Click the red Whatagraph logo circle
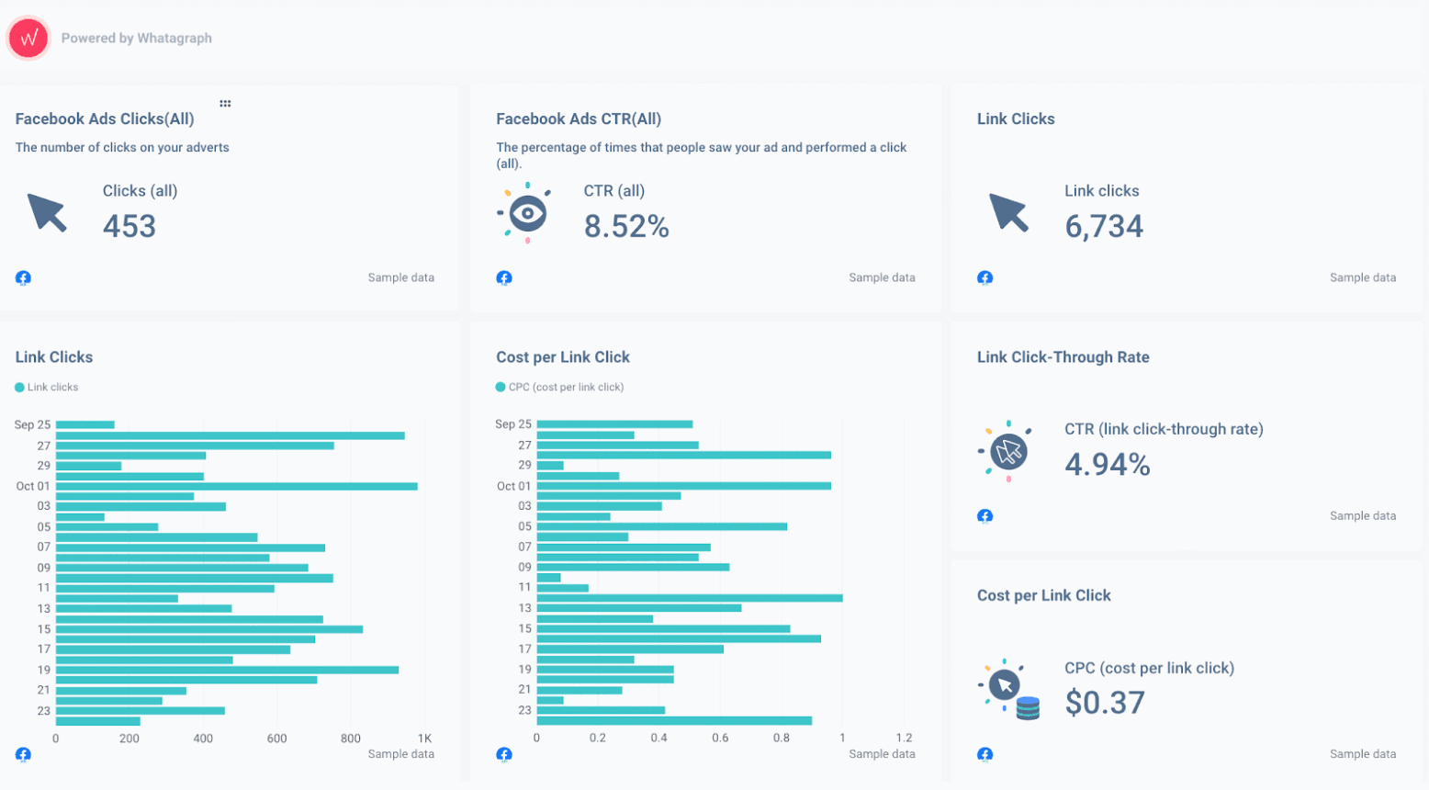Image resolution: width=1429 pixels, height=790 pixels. click(28, 39)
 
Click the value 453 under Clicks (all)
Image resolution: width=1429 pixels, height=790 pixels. click(129, 226)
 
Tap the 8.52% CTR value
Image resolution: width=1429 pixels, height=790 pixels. click(626, 226)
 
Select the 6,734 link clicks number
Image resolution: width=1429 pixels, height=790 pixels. click(1104, 226)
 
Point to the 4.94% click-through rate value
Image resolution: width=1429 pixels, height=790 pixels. click(1108, 464)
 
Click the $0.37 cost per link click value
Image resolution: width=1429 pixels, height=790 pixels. click(1105, 703)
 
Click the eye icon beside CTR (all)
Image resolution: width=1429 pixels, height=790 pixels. click(527, 213)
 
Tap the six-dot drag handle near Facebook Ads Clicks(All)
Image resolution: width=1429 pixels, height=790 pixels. click(225, 104)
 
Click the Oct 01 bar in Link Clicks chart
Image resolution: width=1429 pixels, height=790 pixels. click(236, 486)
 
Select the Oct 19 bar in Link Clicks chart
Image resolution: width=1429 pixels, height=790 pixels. click(227, 670)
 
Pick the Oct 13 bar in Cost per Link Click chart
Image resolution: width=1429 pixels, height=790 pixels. click(638, 608)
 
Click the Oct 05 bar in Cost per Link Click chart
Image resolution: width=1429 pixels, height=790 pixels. click(661, 526)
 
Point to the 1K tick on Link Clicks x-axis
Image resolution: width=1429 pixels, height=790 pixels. click(424, 738)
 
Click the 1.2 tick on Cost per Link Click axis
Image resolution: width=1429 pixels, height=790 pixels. click(904, 738)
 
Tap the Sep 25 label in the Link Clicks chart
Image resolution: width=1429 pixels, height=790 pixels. click(32, 424)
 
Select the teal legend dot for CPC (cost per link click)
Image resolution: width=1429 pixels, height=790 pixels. click(501, 388)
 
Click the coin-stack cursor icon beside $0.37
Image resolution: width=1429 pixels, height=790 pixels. click(1008, 689)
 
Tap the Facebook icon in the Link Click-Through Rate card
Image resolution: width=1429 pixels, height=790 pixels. click(985, 516)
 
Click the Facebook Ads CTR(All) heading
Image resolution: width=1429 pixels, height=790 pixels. click(579, 119)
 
